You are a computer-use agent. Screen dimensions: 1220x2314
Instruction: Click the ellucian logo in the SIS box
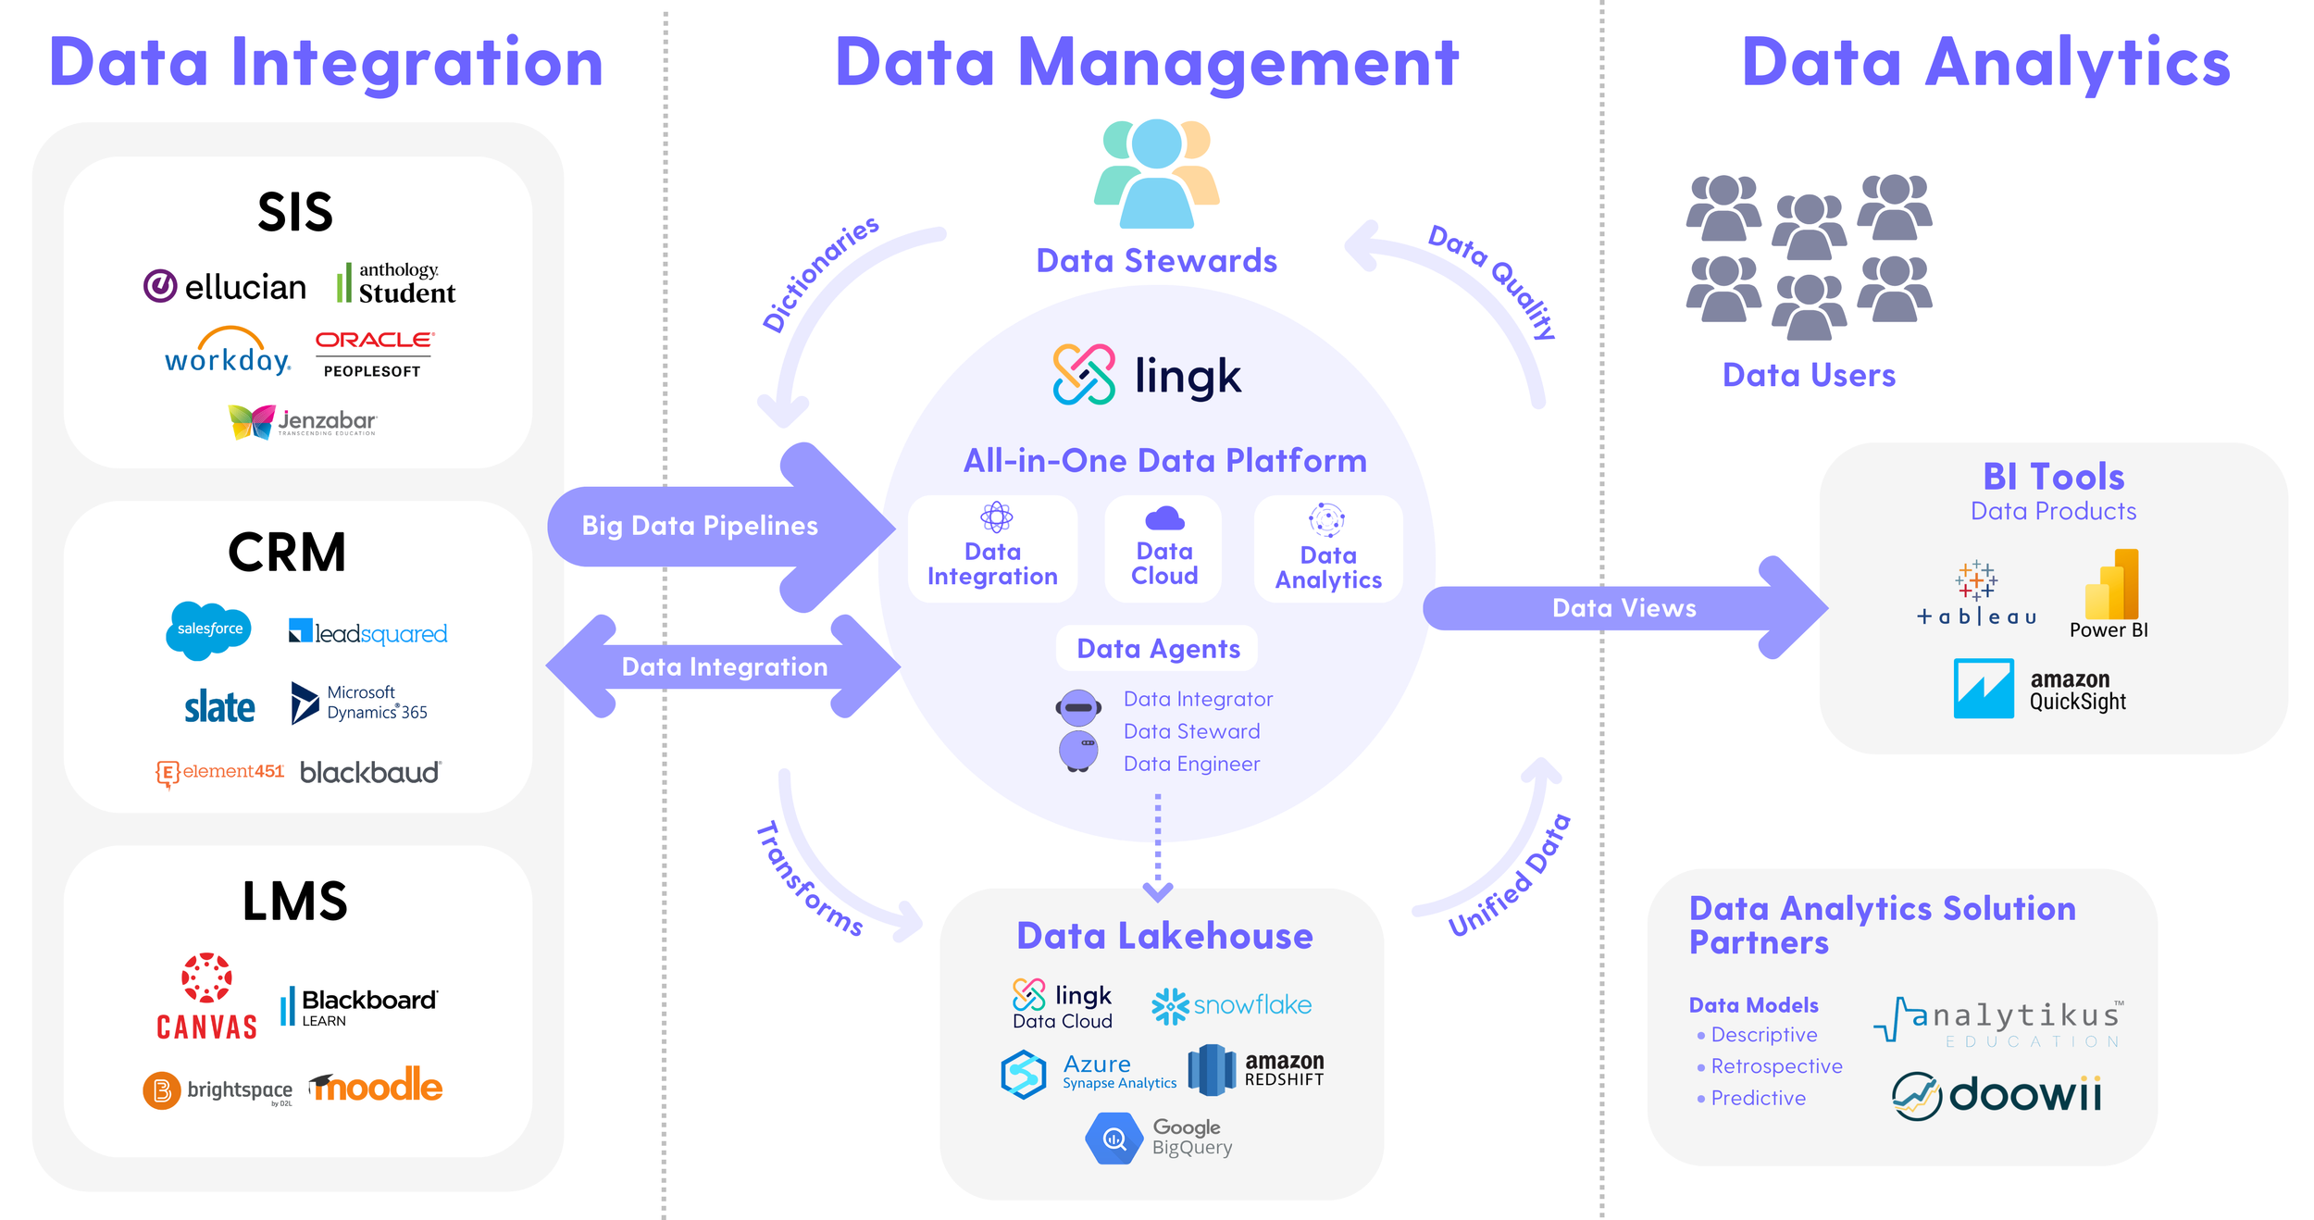225,287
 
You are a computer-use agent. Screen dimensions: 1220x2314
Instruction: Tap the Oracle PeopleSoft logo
373,354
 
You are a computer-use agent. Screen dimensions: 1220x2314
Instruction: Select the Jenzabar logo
303,421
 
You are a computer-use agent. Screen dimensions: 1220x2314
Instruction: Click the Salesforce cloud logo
209,629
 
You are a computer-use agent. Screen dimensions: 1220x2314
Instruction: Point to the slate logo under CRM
219,707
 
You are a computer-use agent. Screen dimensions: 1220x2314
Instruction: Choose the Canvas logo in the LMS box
206,997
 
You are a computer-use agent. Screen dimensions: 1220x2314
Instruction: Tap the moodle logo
377,1086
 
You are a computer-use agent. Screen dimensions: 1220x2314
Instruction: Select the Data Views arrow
1624,608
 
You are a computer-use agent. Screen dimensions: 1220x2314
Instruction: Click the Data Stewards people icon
1157,174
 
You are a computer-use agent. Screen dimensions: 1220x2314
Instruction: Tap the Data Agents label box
1157,649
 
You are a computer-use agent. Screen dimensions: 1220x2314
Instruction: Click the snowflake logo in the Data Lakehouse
1231,1005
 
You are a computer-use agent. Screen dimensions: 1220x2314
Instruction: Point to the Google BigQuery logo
1159,1138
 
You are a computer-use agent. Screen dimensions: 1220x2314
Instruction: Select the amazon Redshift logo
1256,1069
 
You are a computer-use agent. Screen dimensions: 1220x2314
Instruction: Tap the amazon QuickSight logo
2040,690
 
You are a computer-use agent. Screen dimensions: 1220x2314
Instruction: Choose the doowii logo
1997,1096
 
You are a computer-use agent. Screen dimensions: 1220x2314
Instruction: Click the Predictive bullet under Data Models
1757,1098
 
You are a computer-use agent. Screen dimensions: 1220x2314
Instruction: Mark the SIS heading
295,212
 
